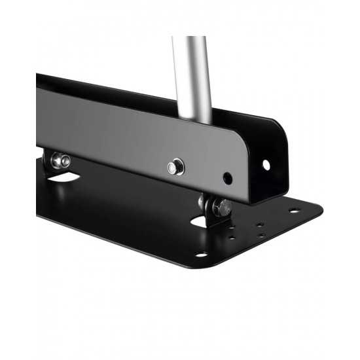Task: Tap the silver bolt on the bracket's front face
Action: (175, 168)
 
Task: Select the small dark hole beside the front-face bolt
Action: (227, 177)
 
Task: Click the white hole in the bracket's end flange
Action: (266, 164)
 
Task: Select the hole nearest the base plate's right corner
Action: (294, 211)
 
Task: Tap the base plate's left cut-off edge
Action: (38, 196)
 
